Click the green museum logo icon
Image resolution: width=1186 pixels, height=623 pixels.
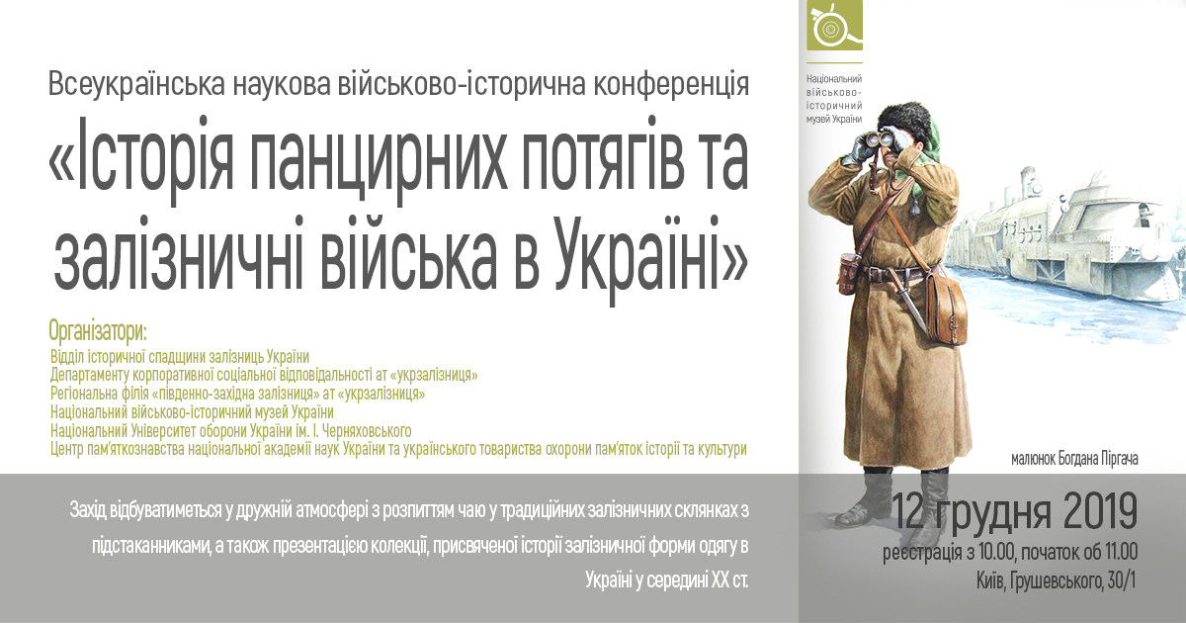point(834,25)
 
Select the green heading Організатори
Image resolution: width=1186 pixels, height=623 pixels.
point(98,331)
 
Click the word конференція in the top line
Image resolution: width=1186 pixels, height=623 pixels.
point(671,84)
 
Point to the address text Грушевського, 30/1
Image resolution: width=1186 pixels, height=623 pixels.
point(1072,582)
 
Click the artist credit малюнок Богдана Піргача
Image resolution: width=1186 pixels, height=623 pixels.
point(1074,459)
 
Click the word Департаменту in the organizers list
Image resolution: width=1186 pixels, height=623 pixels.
point(90,376)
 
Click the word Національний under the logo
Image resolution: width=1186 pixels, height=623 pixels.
point(834,79)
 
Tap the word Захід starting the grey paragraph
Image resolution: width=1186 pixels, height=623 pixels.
point(87,511)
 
